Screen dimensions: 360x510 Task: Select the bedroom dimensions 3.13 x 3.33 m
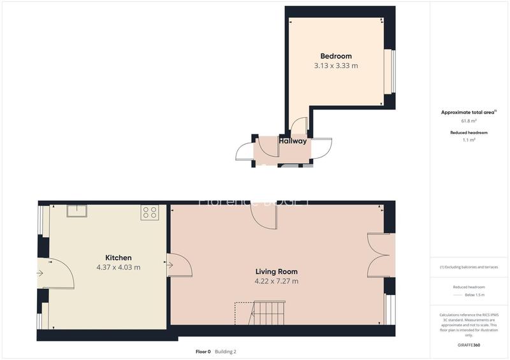pos(335,66)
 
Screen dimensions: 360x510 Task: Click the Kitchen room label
pos(119,257)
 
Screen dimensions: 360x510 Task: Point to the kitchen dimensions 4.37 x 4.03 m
pos(119,267)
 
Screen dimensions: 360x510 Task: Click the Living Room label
pos(276,271)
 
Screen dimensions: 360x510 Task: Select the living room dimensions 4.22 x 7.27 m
pos(276,280)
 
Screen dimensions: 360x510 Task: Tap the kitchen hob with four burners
pos(150,212)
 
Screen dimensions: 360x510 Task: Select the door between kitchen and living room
pos(176,264)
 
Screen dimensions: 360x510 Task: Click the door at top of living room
pos(263,217)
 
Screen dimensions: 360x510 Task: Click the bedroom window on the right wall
pos(393,71)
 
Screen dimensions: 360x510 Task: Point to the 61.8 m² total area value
pos(469,120)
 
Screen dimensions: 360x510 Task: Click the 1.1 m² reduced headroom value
pos(469,140)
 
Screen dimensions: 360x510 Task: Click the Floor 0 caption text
pos(203,351)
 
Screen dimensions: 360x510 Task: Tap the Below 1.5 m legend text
pos(474,295)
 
